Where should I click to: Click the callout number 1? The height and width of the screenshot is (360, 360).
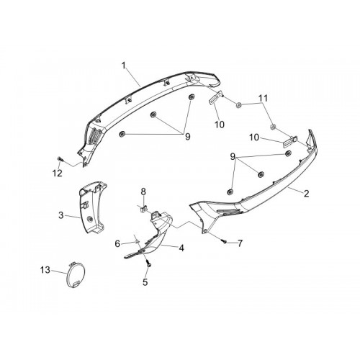(x=124, y=66)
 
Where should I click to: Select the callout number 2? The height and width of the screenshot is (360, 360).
(x=306, y=194)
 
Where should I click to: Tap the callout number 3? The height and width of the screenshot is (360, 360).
(x=61, y=215)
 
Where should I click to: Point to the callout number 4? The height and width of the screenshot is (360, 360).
(x=181, y=248)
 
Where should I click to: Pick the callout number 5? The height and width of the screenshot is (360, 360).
(x=145, y=282)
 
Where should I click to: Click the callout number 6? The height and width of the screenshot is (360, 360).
(x=117, y=244)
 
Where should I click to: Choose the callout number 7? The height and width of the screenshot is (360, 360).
(x=240, y=243)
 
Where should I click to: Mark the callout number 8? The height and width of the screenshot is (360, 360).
(x=143, y=192)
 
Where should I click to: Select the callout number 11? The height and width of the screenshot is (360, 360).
(x=263, y=98)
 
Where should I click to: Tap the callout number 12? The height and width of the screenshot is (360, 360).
(x=58, y=173)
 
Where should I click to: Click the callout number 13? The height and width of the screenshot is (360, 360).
(x=45, y=270)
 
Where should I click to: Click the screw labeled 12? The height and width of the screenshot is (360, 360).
(x=60, y=159)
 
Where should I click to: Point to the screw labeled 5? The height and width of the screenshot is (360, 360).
(x=148, y=264)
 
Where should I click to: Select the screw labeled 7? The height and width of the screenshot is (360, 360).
(x=225, y=242)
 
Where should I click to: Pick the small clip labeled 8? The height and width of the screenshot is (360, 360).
(x=143, y=209)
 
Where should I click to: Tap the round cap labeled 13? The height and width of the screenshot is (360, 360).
(x=74, y=275)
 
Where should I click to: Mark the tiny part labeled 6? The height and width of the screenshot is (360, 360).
(x=137, y=241)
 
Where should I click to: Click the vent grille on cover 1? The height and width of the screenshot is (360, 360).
(x=94, y=137)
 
